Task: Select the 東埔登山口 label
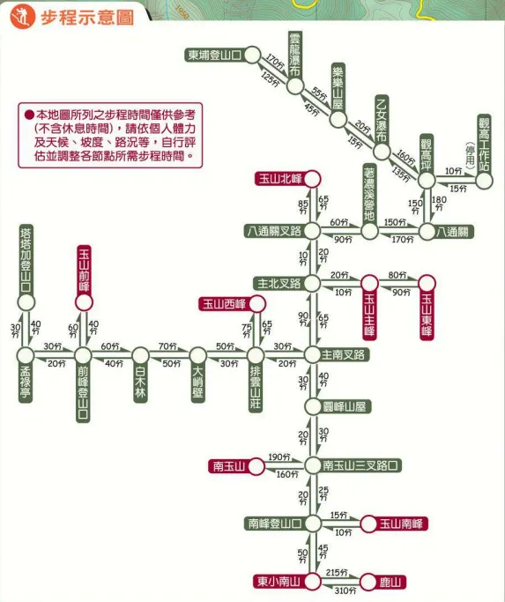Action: click(215, 55)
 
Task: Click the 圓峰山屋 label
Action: click(333, 406)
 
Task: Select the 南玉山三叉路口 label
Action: click(361, 465)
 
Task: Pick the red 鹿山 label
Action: click(390, 582)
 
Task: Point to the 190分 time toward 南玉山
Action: click(278, 457)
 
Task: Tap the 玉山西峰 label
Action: click(222, 304)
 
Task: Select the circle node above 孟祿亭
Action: click(26, 301)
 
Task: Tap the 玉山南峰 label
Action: click(402, 524)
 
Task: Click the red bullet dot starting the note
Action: click(28, 115)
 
